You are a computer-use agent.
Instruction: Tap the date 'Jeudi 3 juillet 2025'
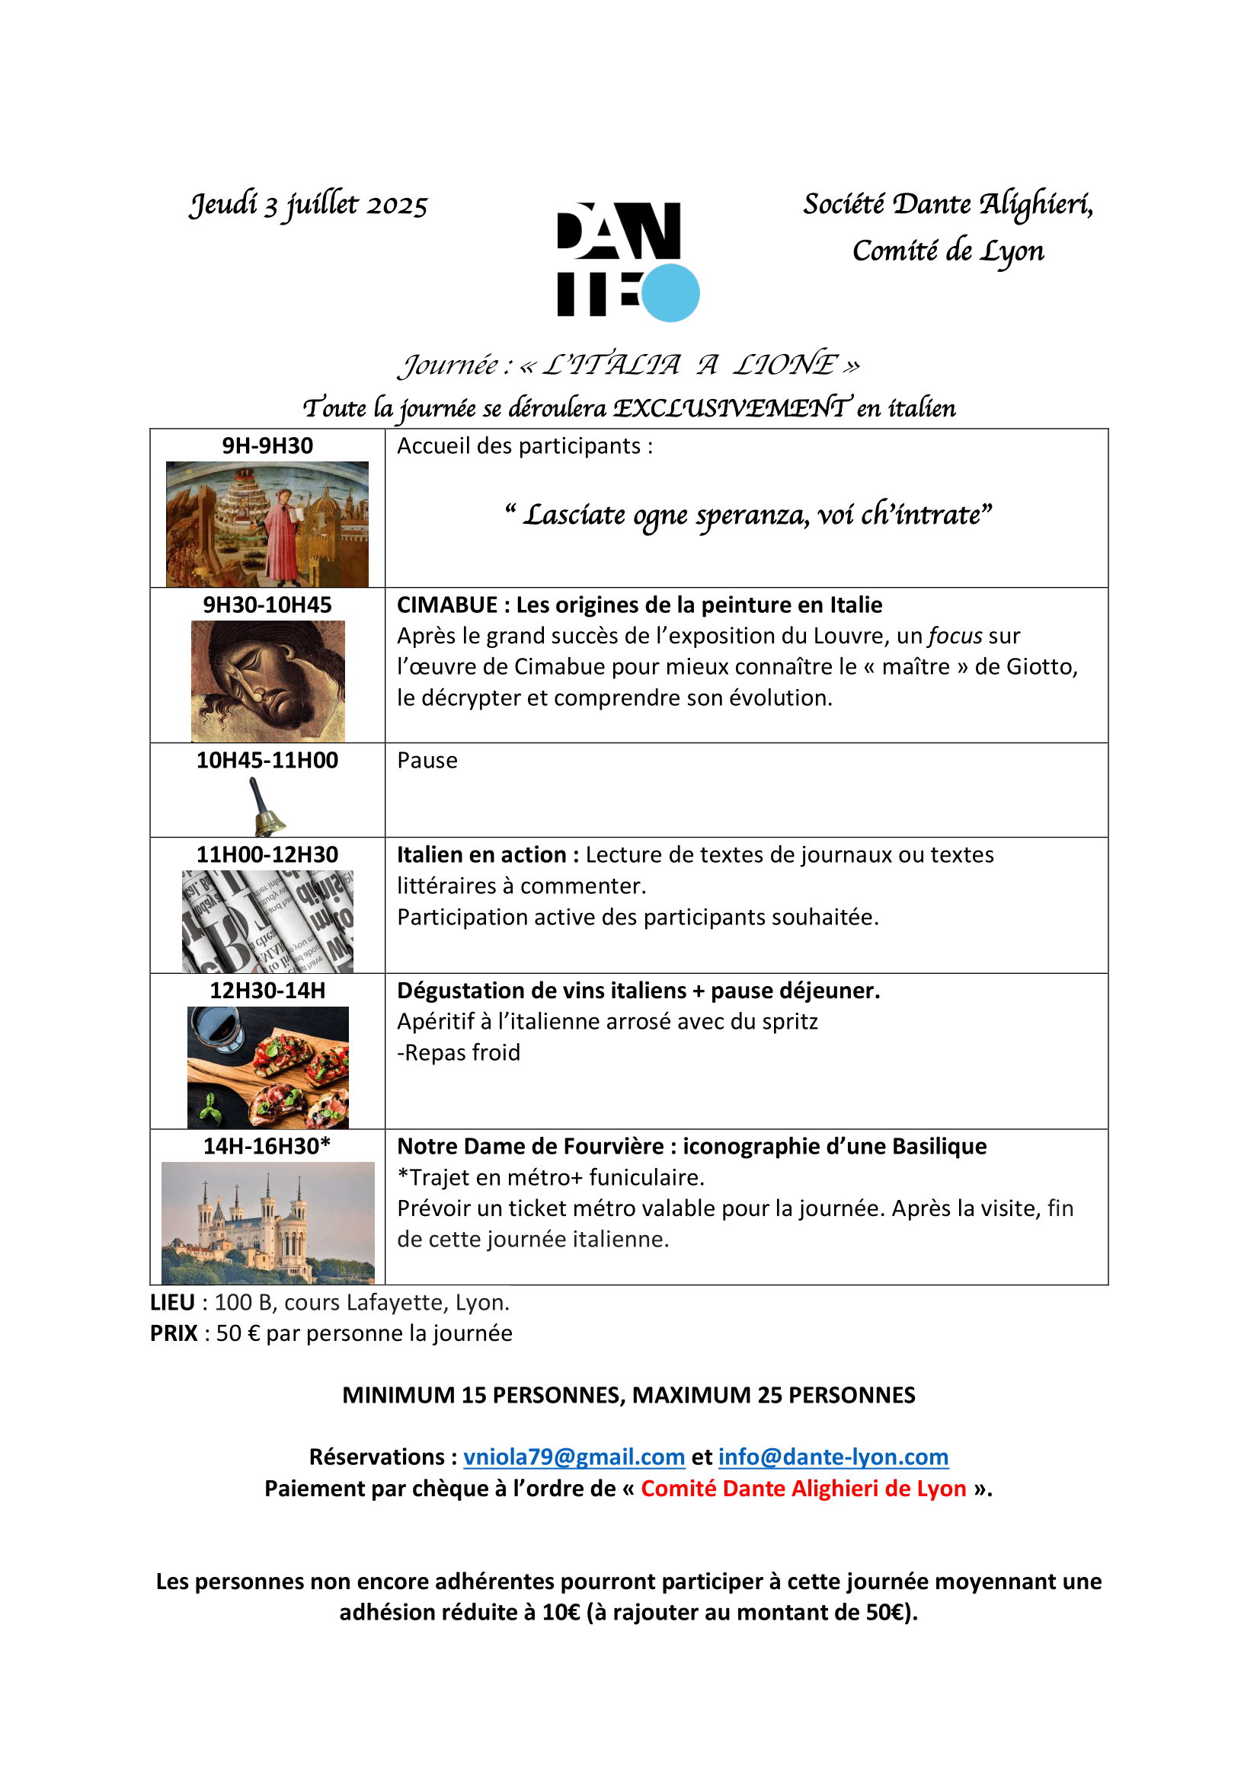click(309, 205)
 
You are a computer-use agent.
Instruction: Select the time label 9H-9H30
click(267, 446)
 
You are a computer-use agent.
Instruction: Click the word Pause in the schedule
click(427, 761)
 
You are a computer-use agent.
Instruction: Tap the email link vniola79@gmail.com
click(574, 1457)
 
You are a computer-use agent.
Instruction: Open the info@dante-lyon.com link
click(833, 1457)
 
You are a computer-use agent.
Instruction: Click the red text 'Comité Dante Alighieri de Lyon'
click(803, 1489)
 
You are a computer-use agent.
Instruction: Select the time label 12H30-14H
click(267, 991)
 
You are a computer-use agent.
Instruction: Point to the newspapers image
click(267, 921)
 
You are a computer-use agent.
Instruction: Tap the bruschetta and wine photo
click(267, 1068)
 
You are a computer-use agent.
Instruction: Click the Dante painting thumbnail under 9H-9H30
click(267, 525)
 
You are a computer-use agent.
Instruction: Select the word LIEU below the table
click(172, 1302)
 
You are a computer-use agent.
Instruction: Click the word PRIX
click(174, 1333)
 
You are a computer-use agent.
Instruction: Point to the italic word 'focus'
click(955, 636)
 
